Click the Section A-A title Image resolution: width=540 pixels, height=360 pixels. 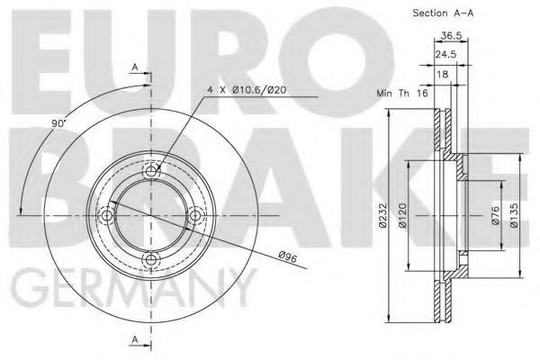tap(443, 13)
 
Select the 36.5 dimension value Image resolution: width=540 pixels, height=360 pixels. tap(451, 35)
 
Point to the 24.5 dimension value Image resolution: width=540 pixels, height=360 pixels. tap(445, 54)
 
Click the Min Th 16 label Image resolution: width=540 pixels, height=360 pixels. tap(402, 93)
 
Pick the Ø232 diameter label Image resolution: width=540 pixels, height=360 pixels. tap(383, 216)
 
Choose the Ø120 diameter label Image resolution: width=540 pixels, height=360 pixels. tap(402, 215)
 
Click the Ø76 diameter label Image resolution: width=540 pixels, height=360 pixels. tap(495, 216)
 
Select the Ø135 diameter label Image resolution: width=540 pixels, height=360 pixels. tap(514, 215)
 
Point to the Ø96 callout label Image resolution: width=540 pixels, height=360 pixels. tap(288, 256)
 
